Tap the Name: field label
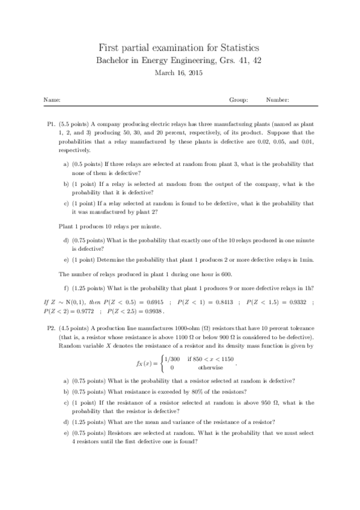tap(52, 100)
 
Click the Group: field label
tap(239, 100)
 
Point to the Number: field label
tap(278, 100)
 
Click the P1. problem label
tap(51, 123)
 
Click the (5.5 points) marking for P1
tap(75, 123)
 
